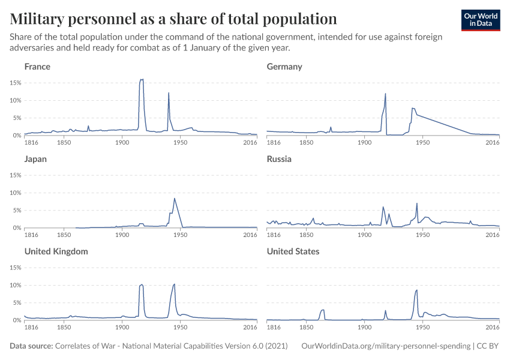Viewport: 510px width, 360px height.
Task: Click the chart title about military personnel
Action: (x=173, y=18)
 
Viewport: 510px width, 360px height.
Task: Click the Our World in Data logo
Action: (x=481, y=20)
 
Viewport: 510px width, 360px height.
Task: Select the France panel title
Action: (x=37, y=67)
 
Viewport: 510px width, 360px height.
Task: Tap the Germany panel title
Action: (x=284, y=67)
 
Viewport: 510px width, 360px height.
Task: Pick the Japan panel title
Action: (x=35, y=159)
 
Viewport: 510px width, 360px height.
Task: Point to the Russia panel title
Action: (x=279, y=159)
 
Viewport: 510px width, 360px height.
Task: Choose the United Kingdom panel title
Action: (x=56, y=251)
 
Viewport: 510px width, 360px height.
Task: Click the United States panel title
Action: (x=293, y=251)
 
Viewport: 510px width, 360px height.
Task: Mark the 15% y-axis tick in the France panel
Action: (x=16, y=83)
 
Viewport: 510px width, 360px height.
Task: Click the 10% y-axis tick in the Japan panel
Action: (x=16, y=193)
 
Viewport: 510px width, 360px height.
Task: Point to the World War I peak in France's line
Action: (x=142, y=79)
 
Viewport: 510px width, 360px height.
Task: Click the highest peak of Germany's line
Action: (x=385, y=94)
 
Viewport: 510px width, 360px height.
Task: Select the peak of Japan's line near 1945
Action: (x=174, y=199)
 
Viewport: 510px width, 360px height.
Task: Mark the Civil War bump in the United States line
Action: (x=323, y=310)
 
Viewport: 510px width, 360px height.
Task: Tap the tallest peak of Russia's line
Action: (x=416, y=203)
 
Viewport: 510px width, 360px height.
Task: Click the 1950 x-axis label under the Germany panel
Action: (x=422, y=143)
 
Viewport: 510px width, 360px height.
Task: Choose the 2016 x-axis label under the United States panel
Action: (x=492, y=328)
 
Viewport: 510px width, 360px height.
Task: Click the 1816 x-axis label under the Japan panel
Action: (x=31, y=235)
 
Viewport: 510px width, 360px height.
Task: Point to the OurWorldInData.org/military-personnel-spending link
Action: (x=385, y=346)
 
